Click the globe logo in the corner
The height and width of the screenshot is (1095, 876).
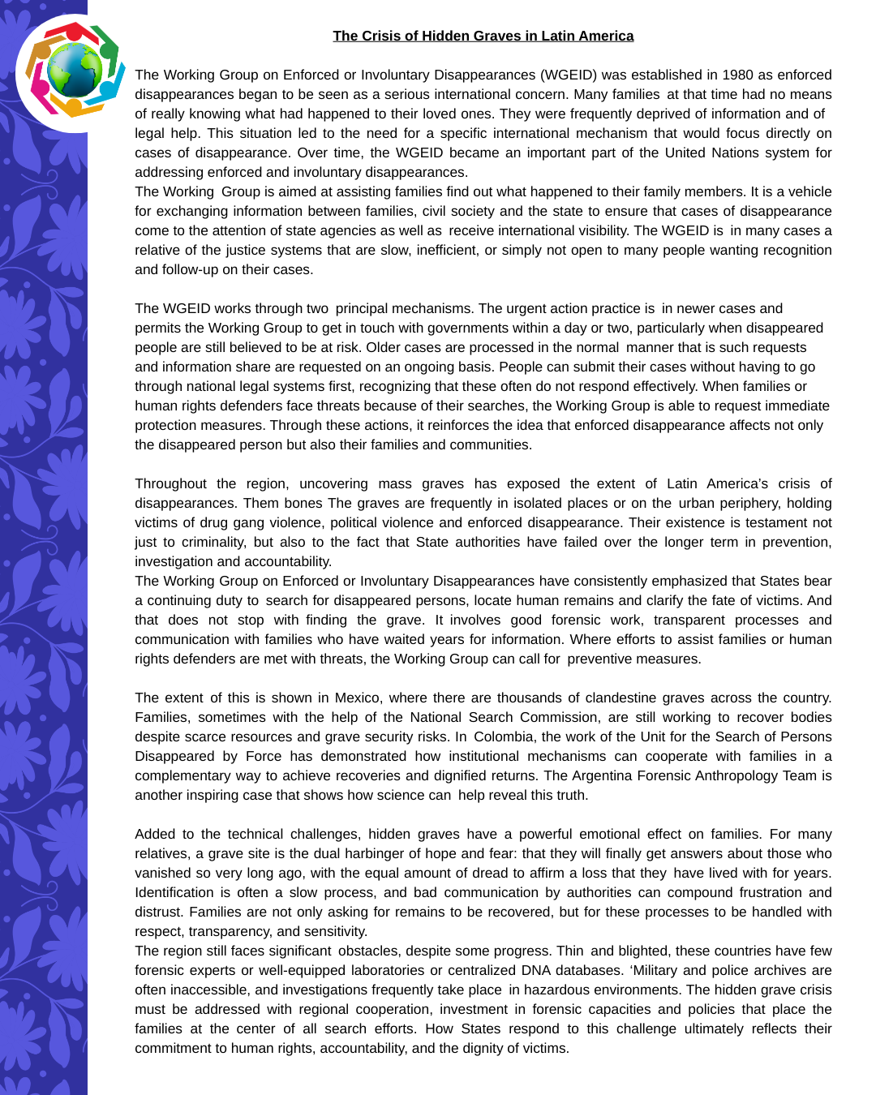[x=73, y=71]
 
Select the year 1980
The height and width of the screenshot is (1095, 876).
[x=738, y=75]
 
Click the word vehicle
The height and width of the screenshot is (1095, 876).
[x=807, y=191]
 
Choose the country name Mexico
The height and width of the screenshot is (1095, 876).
[x=358, y=698]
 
